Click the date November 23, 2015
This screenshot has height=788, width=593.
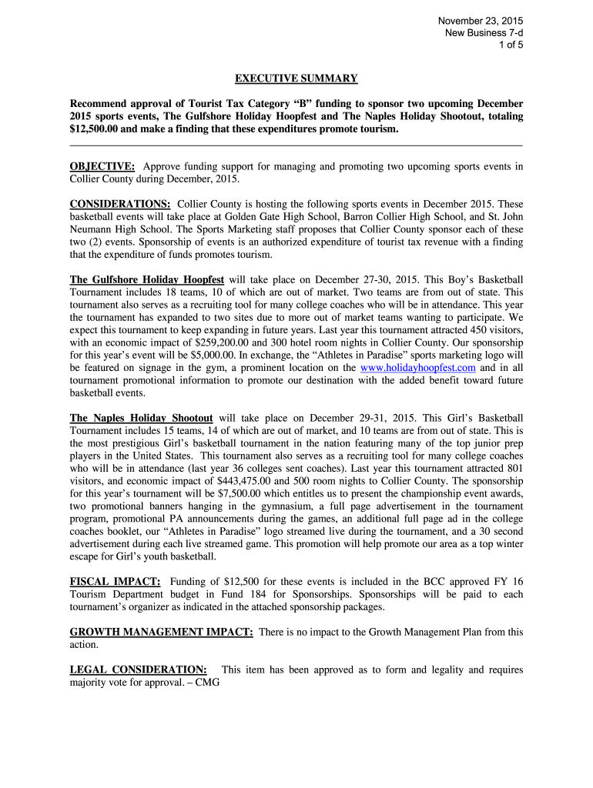pyautogui.click(x=481, y=20)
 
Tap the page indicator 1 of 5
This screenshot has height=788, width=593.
pyautogui.click(x=512, y=45)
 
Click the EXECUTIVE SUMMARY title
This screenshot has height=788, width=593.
pyautogui.click(x=296, y=78)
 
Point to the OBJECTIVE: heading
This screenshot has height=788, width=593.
pyautogui.click(x=103, y=166)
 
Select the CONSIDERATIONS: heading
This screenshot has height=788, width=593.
pyautogui.click(x=120, y=204)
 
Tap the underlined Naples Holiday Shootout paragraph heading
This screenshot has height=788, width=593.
pyautogui.click(x=141, y=418)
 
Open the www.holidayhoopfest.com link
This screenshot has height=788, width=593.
pyautogui.click(x=418, y=368)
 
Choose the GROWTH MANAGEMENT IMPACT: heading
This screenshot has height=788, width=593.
pyautogui.click(x=162, y=632)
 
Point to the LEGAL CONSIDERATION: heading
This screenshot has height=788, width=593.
pyautogui.click(x=139, y=669)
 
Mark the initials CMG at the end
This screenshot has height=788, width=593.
pyautogui.click(x=208, y=682)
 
